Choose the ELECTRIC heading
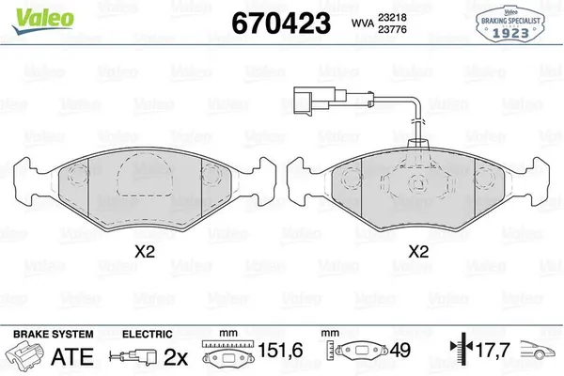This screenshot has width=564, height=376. tap(148, 334)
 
